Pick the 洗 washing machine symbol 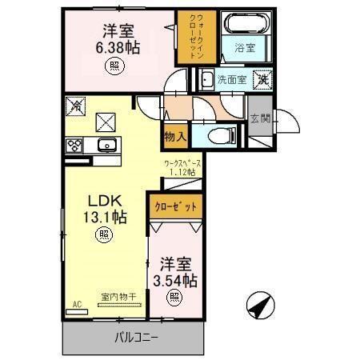(263, 79)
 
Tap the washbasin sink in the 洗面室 (206, 79)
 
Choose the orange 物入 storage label (176, 137)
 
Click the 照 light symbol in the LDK (103, 235)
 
